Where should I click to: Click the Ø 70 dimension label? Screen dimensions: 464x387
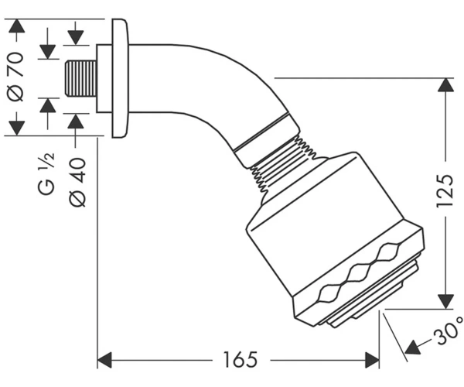click(x=16, y=77)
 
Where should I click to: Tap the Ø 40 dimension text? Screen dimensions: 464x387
click(x=78, y=182)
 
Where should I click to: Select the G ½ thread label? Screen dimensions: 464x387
click(x=46, y=173)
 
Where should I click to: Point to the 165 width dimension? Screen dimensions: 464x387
click(x=241, y=359)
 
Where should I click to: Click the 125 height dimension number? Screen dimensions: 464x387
click(x=445, y=191)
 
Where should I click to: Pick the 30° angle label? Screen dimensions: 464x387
click(x=448, y=331)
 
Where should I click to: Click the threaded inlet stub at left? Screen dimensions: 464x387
click(x=80, y=78)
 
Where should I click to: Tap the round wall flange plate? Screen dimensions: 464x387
click(x=120, y=78)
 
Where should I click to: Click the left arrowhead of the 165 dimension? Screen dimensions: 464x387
click(x=104, y=360)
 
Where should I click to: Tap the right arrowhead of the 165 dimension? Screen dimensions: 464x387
click(x=372, y=360)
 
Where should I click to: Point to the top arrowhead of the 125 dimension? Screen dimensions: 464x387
click(x=446, y=85)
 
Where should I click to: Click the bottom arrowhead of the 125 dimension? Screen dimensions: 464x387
click(x=446, y=302)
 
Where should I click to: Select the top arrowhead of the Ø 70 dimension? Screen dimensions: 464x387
click(x=16, y=26)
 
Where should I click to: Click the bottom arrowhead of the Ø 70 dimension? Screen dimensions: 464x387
click(x=16, y=128)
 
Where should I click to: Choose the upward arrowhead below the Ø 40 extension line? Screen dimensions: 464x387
click(x=76, y=122)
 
